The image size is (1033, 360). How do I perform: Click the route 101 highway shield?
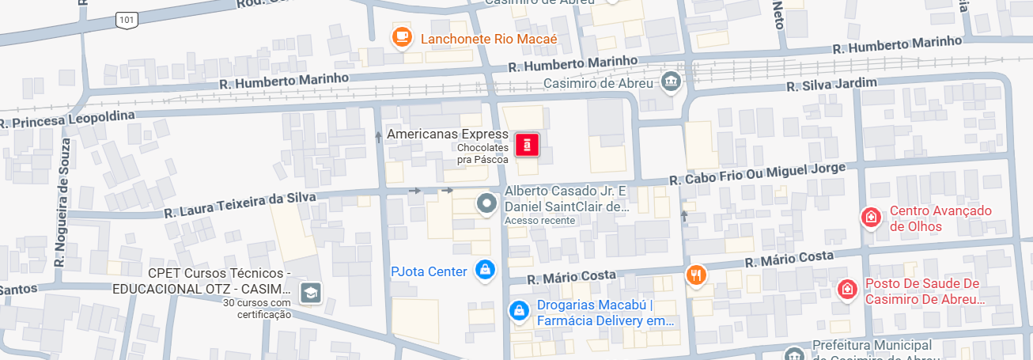click(x=127, y=19)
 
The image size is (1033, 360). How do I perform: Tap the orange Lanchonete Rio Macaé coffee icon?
click(x=403, y=36)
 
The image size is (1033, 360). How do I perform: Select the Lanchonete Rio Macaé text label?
click(x=489, y=39)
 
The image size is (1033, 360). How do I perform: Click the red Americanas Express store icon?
click(x=528, y=145)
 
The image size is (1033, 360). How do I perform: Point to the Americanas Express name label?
click(x=447, y=135)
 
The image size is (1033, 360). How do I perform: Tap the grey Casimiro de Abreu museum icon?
click(x=672, y=81)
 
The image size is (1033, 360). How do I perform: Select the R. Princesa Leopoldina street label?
click(x=67, y=119)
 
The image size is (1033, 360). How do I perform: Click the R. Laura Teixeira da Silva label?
click(x=240, y=204)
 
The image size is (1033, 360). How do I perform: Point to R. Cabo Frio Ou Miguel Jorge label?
click(x=758, y=173)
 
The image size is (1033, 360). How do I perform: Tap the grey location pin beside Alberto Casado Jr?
click(x=486, y=204)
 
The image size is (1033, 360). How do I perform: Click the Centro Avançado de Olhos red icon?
click(x=871, y=217)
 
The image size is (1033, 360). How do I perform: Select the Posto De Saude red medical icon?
click(x=848, y=290)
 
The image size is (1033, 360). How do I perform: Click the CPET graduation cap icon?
click(x=311, y=293)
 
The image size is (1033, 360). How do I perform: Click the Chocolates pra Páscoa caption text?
click(x=482, y=154)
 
